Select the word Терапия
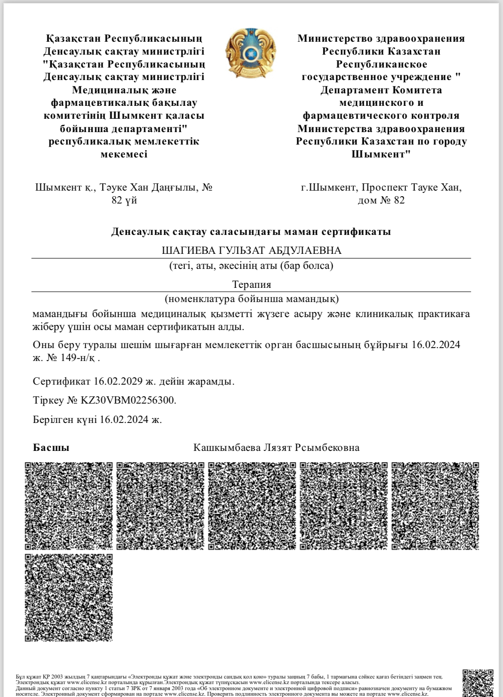tap(252, 284)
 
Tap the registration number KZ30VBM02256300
tap(128, 400)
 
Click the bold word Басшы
tap(51, 447)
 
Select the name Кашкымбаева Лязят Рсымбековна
tap(276, 447)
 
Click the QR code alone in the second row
tap(69, 598)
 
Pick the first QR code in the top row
tap(69, 506)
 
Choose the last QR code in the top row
tap(436, 506)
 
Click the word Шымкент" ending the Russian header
tap(381, 154)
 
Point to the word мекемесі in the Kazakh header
tap(124, 154)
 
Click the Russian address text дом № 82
tap(381, 200)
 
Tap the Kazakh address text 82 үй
tap(124, 200)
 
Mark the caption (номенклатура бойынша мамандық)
tap(252, 298)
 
